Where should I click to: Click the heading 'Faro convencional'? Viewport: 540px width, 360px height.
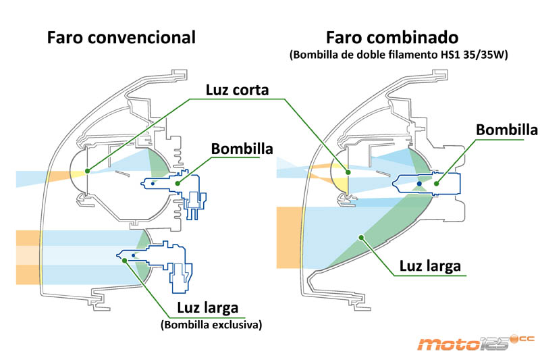(x=121, y=37)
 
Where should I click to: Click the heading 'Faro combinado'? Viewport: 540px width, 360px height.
(x=392, y=37)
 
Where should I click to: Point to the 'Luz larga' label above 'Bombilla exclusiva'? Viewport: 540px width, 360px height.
(x=208, y=309)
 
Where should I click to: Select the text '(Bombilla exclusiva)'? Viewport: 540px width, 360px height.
(x=211, y=325)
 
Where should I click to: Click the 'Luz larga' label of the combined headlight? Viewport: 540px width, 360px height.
(x=429, y=266)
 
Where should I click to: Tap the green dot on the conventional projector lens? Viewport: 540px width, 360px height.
(x=88, y=163)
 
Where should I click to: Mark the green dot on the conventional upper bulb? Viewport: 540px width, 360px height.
(x=176, y=182)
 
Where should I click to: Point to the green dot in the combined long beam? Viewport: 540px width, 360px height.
(x=362, y=236)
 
